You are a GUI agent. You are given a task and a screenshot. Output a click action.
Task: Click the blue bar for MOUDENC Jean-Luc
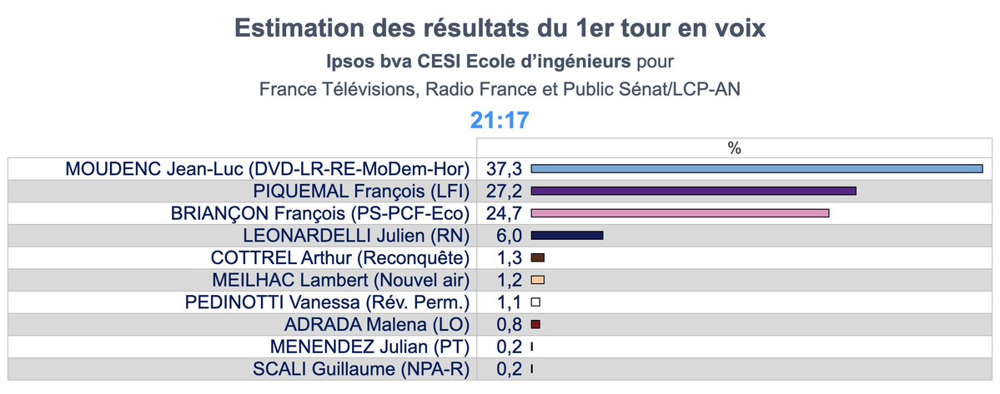(757, 169)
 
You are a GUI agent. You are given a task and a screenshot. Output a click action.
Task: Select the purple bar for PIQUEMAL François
(693, 192)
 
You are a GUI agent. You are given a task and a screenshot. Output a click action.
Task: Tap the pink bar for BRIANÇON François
(680, 213)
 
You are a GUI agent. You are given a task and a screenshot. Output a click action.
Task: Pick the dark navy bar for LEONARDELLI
(566, 236)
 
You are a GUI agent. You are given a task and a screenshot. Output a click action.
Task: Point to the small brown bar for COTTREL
(537, 257)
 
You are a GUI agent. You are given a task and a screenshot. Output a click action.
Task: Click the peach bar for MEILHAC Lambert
(537, 280)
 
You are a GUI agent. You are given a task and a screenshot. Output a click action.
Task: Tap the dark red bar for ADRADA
(535, 324)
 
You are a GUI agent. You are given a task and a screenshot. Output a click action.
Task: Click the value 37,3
(504, 169)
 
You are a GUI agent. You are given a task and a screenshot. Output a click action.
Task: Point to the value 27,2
(504, 192)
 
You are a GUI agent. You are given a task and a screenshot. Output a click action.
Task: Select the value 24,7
(504, 213)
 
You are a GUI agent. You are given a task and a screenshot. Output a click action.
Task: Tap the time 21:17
(500, 120)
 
